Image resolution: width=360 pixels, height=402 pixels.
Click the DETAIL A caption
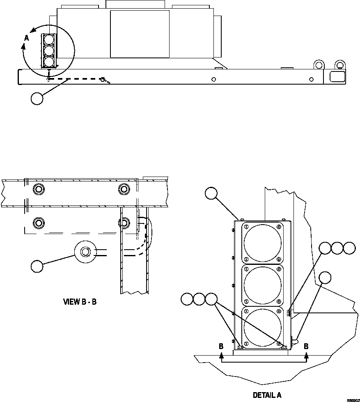(267, 395)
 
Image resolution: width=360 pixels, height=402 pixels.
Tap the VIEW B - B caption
(80, 302)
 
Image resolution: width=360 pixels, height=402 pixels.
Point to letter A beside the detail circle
(27, 37)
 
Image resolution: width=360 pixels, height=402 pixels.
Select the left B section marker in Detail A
(221, 346)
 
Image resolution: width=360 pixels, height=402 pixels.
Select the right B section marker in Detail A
(306, 346)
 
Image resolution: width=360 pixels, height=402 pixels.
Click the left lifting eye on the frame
(319, 65)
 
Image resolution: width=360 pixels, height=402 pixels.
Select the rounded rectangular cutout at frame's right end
(337, 76)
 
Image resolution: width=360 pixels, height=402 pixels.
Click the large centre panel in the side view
(140, 34)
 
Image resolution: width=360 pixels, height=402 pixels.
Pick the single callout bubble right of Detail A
(325, 277)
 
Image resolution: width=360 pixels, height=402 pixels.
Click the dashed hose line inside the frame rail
(78, 78)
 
